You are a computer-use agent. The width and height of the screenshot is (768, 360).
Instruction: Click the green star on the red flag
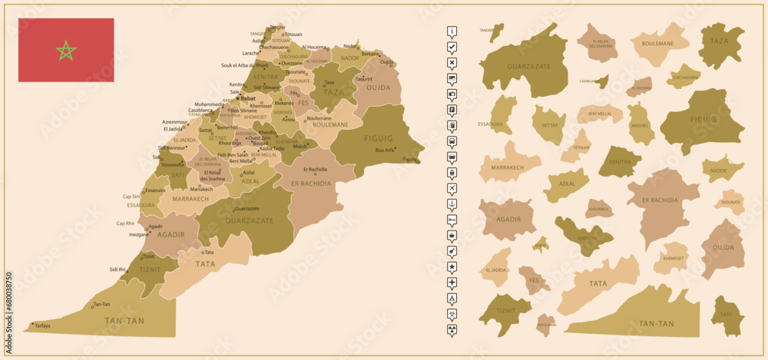pyautogui.click(x=67, y=51)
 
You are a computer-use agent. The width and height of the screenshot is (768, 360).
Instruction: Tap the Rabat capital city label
pyautogui.click(x=247, y=99)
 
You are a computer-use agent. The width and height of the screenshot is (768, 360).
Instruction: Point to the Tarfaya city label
pyautogui.click(x=42, y=325)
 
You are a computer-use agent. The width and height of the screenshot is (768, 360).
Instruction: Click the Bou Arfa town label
pyautogui.click(x=385, y=150)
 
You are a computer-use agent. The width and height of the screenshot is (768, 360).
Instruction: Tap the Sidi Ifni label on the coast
pyautogui.click(x=118, y=269)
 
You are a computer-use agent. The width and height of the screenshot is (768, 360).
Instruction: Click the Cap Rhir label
pyautogui.click(x=125, y=223)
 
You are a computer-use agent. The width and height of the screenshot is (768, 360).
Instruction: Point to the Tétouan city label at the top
pyautogui.click(x=293, y=35)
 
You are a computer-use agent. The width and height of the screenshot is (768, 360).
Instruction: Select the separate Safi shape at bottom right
pyautogui.click(x=727, y=315)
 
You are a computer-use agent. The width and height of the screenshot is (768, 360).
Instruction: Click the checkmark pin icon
pyautogui.click(x=452, y=48)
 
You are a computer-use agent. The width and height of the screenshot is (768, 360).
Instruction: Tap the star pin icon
pyautogui.click(x=452, y=266)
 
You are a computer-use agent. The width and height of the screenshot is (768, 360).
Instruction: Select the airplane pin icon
pyautogui.click(x=452, y=188)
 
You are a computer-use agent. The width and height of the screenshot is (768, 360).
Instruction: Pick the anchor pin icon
pyautogui.click(x=452, y=203)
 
